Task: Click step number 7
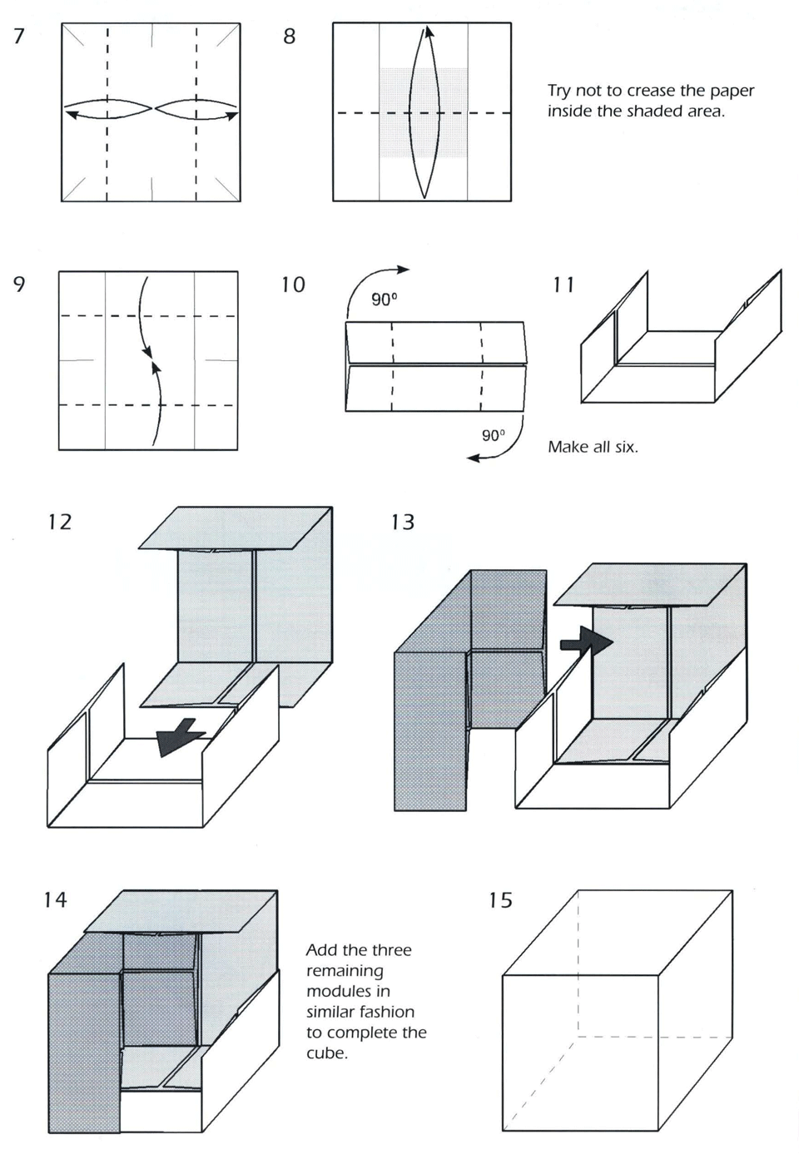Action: (19, 36)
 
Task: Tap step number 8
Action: (290, 36)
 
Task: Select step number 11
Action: (563, 285)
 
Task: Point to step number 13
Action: (402, 522)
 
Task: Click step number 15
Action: (500, 900)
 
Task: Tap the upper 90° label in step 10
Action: (384, 300)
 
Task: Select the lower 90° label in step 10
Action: (494, 435)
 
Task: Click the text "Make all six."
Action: (593, 447)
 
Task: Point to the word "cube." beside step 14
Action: (327, 1053)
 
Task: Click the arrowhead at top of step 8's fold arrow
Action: (428, 32)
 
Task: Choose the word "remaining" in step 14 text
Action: (345, 970)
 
